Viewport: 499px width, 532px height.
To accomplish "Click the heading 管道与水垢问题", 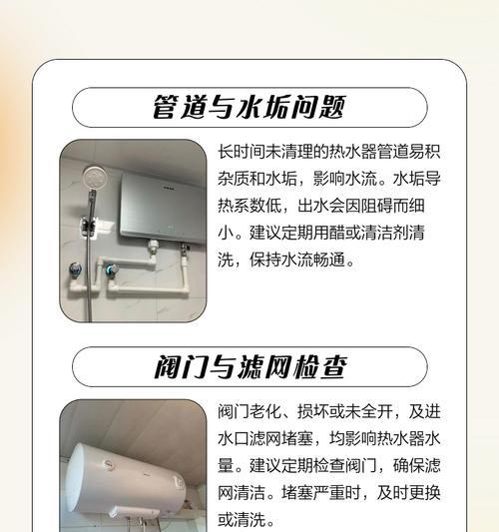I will point(249,107).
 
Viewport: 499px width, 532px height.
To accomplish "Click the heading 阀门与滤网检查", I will point(249,366).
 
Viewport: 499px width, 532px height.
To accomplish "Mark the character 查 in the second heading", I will point(332,366).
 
